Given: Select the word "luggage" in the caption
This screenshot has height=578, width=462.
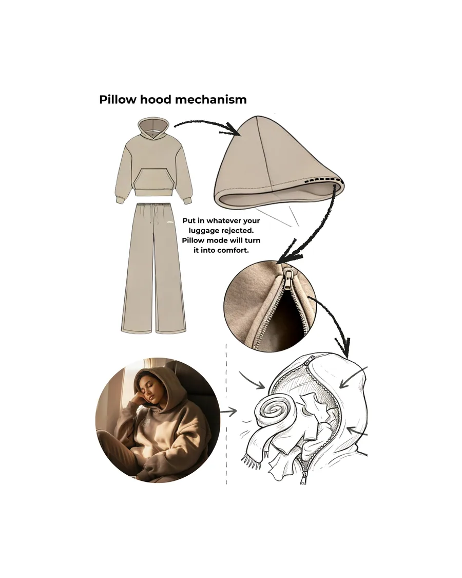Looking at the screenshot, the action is click(204, 231).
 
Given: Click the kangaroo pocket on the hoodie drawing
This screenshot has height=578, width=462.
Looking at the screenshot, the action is click(153, 182).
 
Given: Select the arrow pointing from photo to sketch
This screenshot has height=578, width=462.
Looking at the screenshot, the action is click(228, 412).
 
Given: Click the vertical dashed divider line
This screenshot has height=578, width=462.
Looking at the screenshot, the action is click(226, 414).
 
